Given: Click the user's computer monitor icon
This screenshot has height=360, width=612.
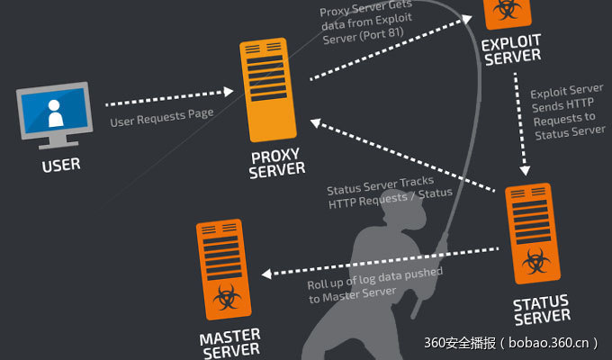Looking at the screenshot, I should click(x=55, y=113).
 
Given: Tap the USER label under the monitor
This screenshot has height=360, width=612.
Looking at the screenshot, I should click(x=61, y=165).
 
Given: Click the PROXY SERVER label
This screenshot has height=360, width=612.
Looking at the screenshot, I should click(x=277, y=161).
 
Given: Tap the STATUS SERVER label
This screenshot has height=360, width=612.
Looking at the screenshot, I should click(x=541, y=308).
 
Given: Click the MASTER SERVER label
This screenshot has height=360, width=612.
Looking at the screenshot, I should click(x=230, y=345).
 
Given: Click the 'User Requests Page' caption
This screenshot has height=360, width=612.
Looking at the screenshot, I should click(x=161, y=116).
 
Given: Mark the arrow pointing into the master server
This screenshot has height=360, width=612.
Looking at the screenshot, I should click(x=378, y=261).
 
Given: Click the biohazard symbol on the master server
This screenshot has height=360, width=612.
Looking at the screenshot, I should click(x=223, y=297).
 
